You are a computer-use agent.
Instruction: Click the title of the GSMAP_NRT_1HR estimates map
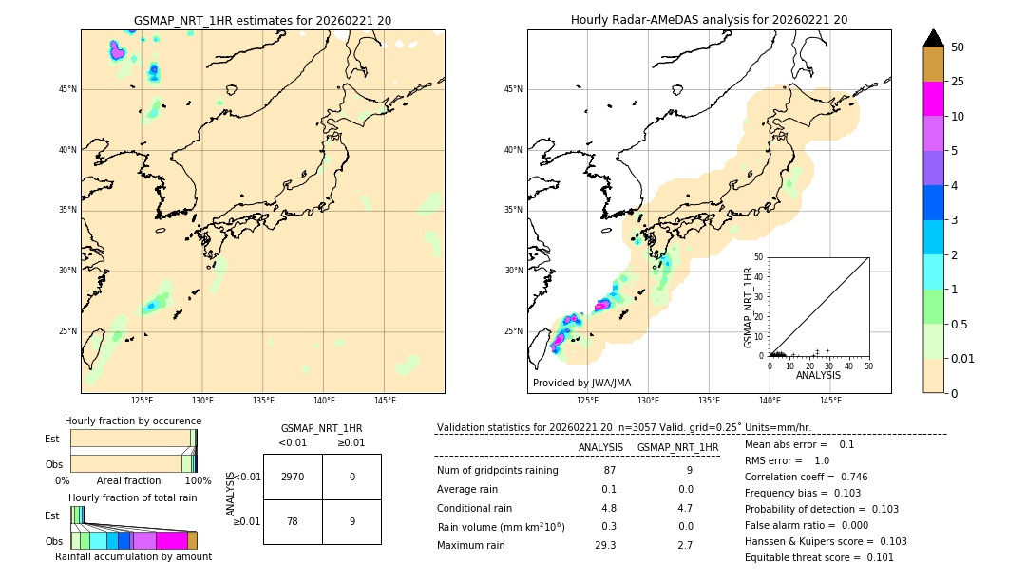tap(262, 20)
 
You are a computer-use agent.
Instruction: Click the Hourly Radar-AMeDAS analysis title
tap(709, 20)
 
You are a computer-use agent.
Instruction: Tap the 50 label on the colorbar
tap(958, 47)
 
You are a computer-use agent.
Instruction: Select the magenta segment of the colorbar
tap(933, 99)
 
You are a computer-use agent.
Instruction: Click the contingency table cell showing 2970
tap(293, 477)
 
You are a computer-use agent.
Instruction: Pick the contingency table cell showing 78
tap(293, 521)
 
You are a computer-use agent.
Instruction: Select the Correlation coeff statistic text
tap(806, 478)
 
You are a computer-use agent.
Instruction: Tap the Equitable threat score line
tap(819, 558)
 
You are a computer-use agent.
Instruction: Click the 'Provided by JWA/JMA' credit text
tap(581, 384)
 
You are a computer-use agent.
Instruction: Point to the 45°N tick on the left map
tap(67, 89)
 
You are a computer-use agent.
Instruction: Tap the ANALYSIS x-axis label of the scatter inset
tap(818, 375)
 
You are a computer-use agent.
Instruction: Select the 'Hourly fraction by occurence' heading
tap(133, 422)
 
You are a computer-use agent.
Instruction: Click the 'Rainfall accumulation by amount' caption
tap(133, 557)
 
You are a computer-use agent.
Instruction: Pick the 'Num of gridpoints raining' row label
tap(497, 471)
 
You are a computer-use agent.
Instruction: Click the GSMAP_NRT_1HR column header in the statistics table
tap(677, 448)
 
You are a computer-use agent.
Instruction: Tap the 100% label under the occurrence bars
tap(198, 481)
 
